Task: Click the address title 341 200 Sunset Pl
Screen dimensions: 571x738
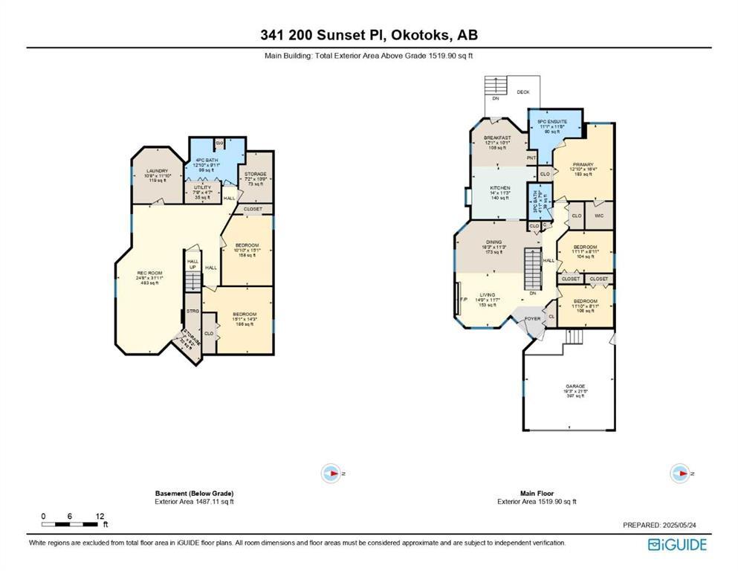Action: pos(369,35)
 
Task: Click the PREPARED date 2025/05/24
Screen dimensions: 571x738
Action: pos(659,526)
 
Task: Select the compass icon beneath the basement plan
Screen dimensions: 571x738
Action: pos(330,473)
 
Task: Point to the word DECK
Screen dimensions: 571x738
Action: pos(524,92)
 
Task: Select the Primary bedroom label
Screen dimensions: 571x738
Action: pos(583,168)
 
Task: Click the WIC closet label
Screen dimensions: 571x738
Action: pos(599,216)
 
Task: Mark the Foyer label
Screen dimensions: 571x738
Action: pos(533,318)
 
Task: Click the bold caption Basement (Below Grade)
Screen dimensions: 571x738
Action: pos(195,494)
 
